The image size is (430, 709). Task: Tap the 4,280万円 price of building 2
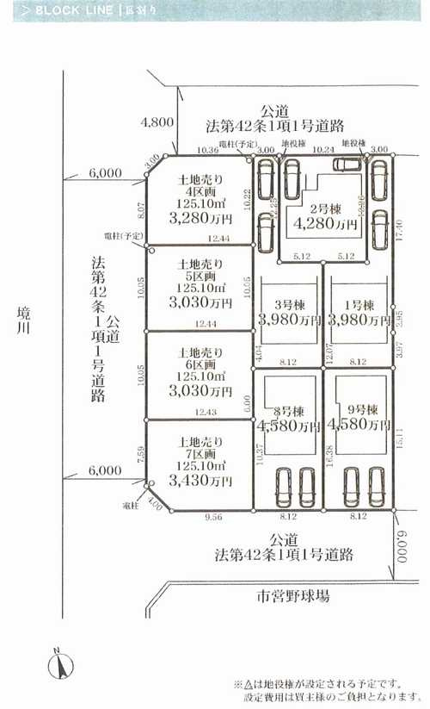(324, 223)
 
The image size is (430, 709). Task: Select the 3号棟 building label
(287, 305)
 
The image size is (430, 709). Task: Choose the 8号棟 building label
(287, 409)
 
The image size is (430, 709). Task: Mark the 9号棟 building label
(358, 409)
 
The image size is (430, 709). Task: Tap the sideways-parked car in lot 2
(347, 165)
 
